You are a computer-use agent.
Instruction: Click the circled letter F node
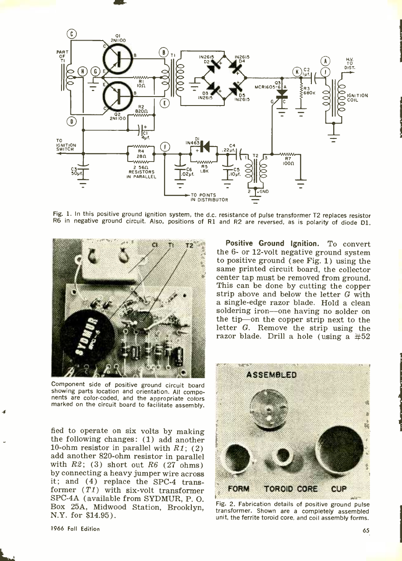pyautogui.click(x=164, y=147)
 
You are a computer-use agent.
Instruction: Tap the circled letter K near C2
pyautogui.click(x=297, y=71)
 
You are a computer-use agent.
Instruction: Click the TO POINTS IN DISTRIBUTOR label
pyautogui.click(x=209, y=197)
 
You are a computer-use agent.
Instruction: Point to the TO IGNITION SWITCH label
pyautogui.click(x=66, y=145)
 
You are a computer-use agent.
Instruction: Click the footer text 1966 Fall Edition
pyautogui.click(x=75, y=529)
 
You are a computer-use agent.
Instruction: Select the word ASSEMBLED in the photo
pyautogui.click(x=271, y=375)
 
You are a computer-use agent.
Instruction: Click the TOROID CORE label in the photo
pyautogui.click(x=290, y=489)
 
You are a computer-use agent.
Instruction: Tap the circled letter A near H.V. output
pyautogui.click(x=326, y=61)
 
